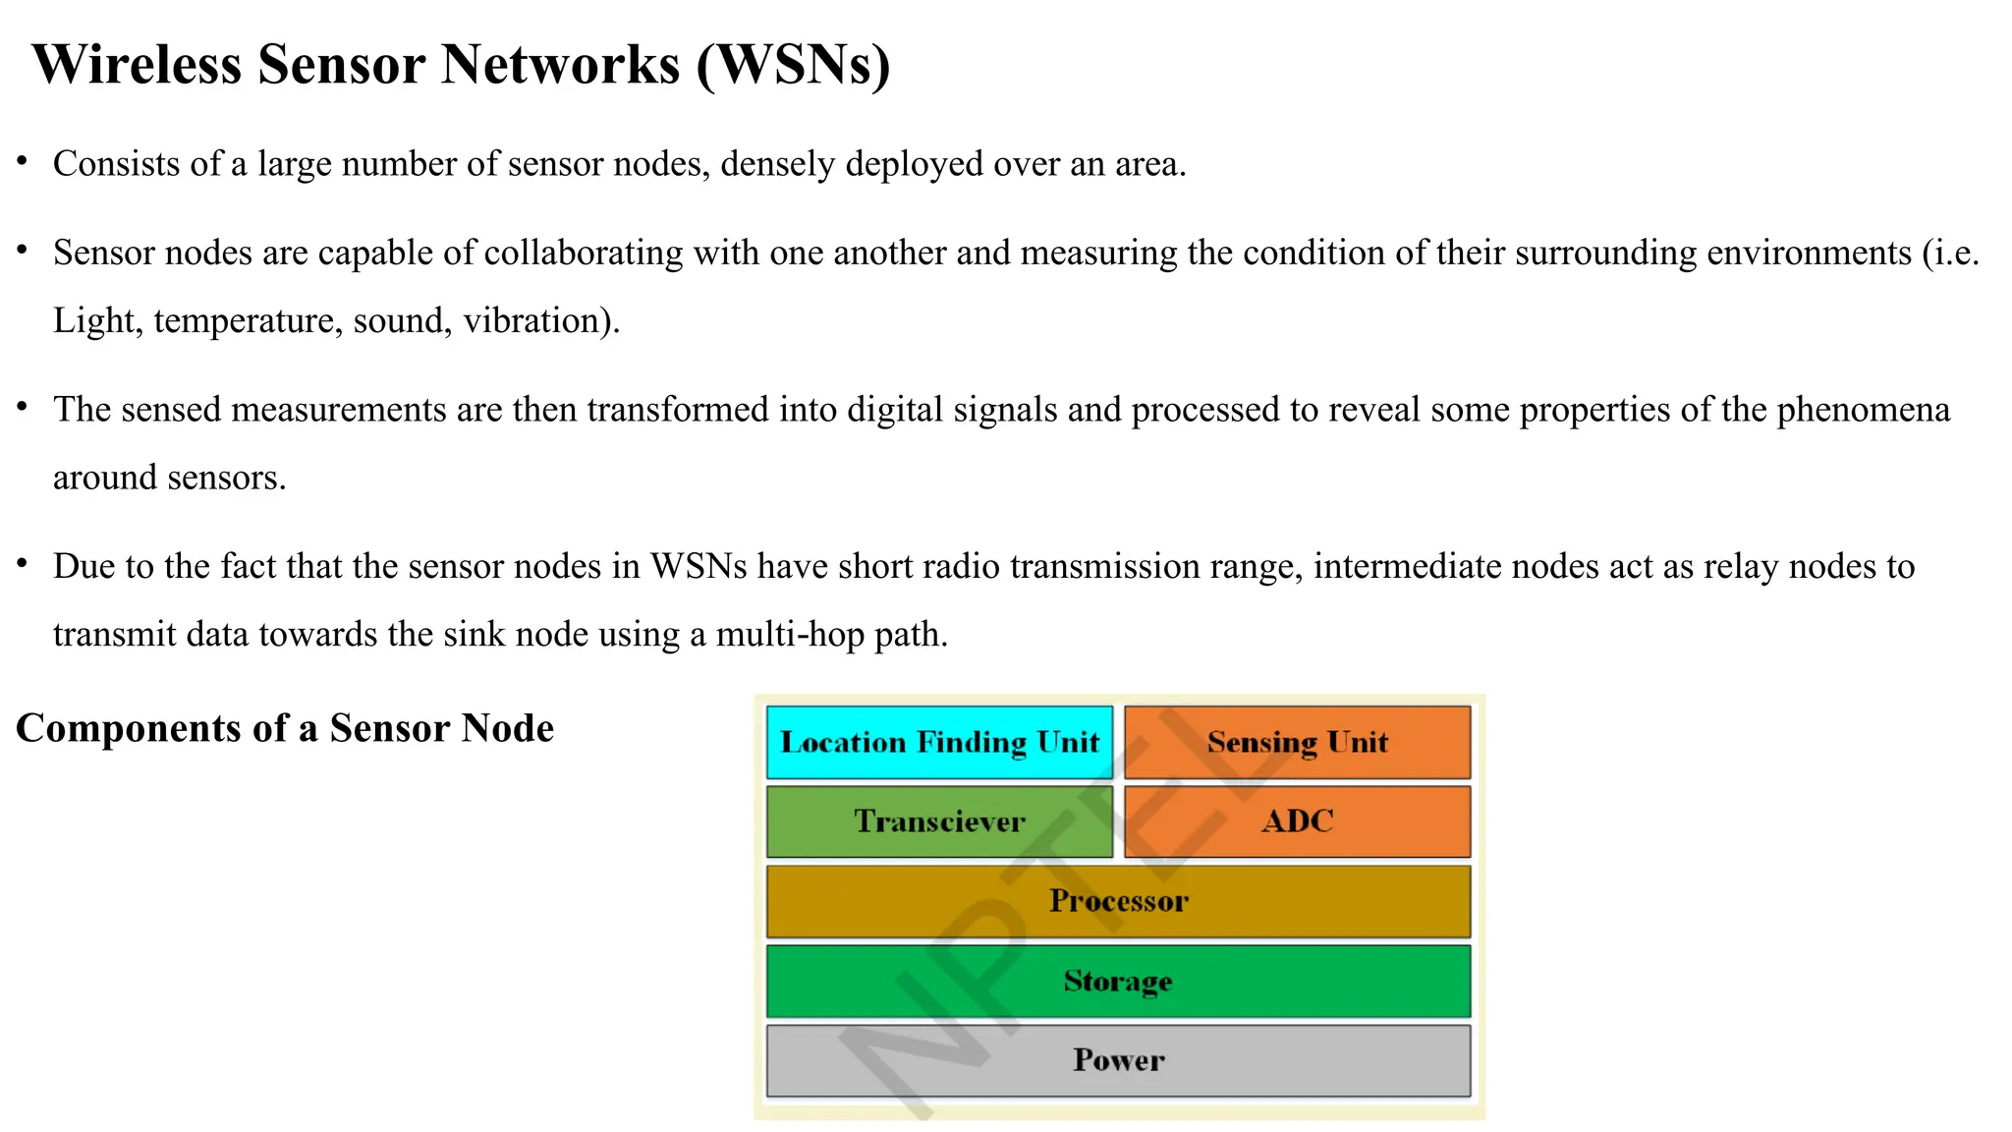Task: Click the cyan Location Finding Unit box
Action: (939, 742)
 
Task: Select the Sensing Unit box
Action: (1297, 742)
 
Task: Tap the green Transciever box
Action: (939, 821)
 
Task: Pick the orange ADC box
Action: (1297, 821)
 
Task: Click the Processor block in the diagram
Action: (1118, 901)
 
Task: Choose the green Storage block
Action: (1118, 981)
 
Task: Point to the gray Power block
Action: (1118, 1060)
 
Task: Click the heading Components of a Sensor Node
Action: (285, 729)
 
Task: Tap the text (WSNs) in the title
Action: (794, 66)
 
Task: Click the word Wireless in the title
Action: (137, 66)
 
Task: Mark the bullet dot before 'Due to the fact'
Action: (22, 563)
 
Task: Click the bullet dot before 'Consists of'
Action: (22, 160)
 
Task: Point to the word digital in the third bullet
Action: (894, 410)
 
